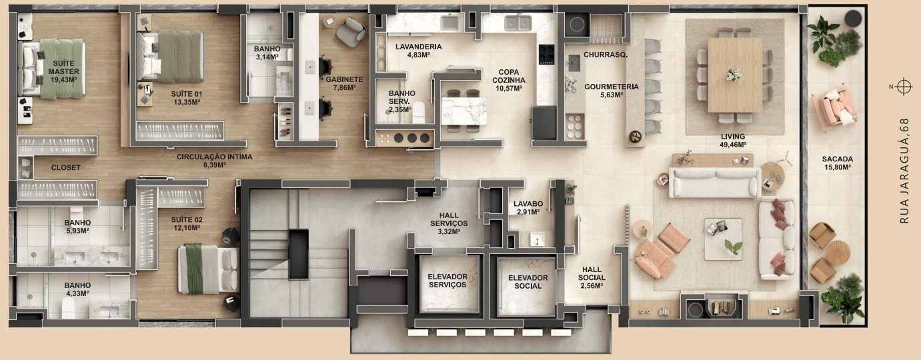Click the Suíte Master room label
click(x=64, y=71)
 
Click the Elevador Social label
click(x=528, y=282)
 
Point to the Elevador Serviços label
click(x=447, y=281)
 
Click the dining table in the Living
click(x=735, y=75)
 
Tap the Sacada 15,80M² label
click(x=838, y=163)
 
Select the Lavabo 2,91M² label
click(x=528, y=208)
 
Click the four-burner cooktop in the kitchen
click(x=546, y=54)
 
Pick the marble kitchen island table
click(x=464, y=111)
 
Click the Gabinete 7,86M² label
click(x=344, y=83)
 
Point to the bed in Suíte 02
click(x=208, y=269)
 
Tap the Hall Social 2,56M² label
click(x=592, y=277)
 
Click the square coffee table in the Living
click(x=723, y=239)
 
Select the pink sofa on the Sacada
click(x=836, y=107)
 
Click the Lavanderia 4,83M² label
click(x=419, y=51)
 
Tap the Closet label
click(x=66, y=168)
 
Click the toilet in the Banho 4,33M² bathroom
click(x=68, y=308)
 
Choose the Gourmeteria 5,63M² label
click(x=612, y=91)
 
